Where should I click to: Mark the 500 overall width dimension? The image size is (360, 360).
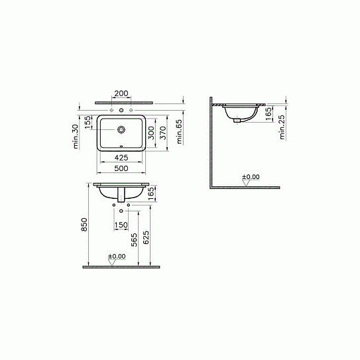click(122, 168)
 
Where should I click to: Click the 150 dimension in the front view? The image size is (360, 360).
click(121, 225)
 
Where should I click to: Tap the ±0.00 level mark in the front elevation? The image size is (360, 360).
click(116, 256)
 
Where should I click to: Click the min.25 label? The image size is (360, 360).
click(282, 127)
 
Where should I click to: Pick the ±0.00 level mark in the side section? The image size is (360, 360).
click(251, 177)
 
